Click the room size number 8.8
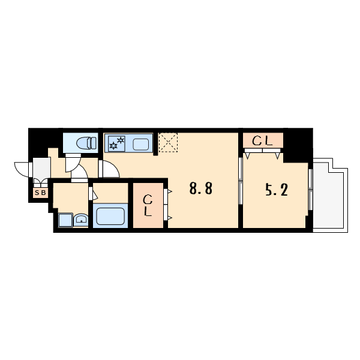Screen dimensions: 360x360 pyautogui.click(x=201, y=188)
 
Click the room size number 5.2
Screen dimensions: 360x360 pyautogui.click(x=277, y=190)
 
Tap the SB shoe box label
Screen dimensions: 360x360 pyautogui.click(x=41, y=193)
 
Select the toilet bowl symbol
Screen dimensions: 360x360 pyautogui.click(x=86, y=143)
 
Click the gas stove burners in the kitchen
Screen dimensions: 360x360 pyautogui.click(x=117, y=143)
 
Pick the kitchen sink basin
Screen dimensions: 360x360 pyautogui.click(x=141, y=145)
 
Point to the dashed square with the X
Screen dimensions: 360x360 pyautogui.click(x=168, y=142)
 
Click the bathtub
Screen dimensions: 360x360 pyautogui.click(x=110, y=216)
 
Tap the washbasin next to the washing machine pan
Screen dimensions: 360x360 pyautogui.click(x=81, y=220)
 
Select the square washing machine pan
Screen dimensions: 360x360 pyautogui.click(x=65, y=220)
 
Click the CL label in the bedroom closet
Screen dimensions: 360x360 pyautogui.click(x=262, y=141)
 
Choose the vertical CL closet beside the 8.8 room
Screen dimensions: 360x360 pyautogui.click(x=148, y=205)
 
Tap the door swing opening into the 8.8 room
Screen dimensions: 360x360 pyautogui.click(x=110, y=169)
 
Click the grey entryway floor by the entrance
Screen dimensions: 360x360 pyautogui.click(x=41, y=167)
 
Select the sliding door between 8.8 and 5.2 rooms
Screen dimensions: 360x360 pyautogui.click(x=241, y=181)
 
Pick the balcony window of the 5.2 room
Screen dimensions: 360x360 pyautogui.click(x=310, y=190)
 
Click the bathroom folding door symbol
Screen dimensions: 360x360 pyautogui.click(x=93, y=193)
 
